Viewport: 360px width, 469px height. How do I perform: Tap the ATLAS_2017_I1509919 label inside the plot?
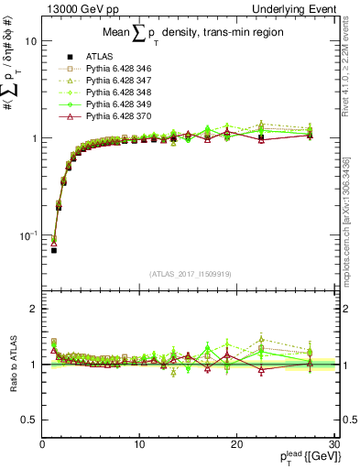[189, 272]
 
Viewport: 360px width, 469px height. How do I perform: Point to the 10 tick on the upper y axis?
[31, 42]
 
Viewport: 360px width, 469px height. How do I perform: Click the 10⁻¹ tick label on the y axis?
[27, 234]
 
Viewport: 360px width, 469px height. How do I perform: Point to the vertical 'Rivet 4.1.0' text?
[352, 68]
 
